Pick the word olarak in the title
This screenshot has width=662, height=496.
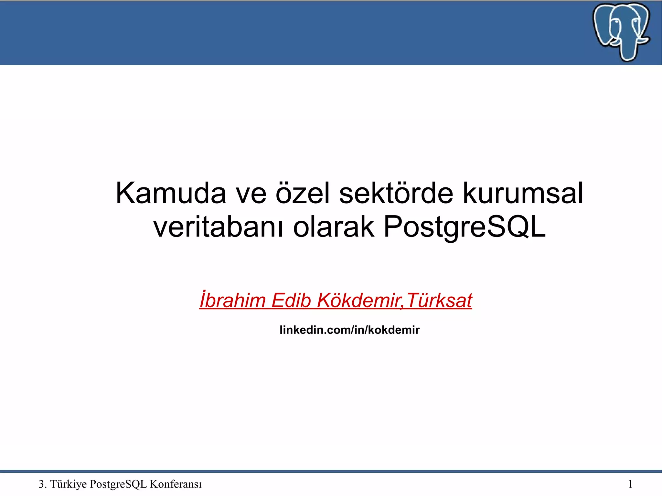(334, 227)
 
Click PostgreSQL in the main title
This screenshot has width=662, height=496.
(464, 227)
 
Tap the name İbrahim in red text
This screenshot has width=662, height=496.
(232, 300)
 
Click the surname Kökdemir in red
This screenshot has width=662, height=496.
(359, 300)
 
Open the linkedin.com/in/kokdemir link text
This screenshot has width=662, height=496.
(349, 330)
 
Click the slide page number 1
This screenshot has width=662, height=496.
(630, 484)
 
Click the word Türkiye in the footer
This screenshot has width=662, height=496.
(69, 484)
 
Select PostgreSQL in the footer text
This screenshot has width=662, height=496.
(118, 484)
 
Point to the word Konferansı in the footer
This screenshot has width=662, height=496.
(176, 484)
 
